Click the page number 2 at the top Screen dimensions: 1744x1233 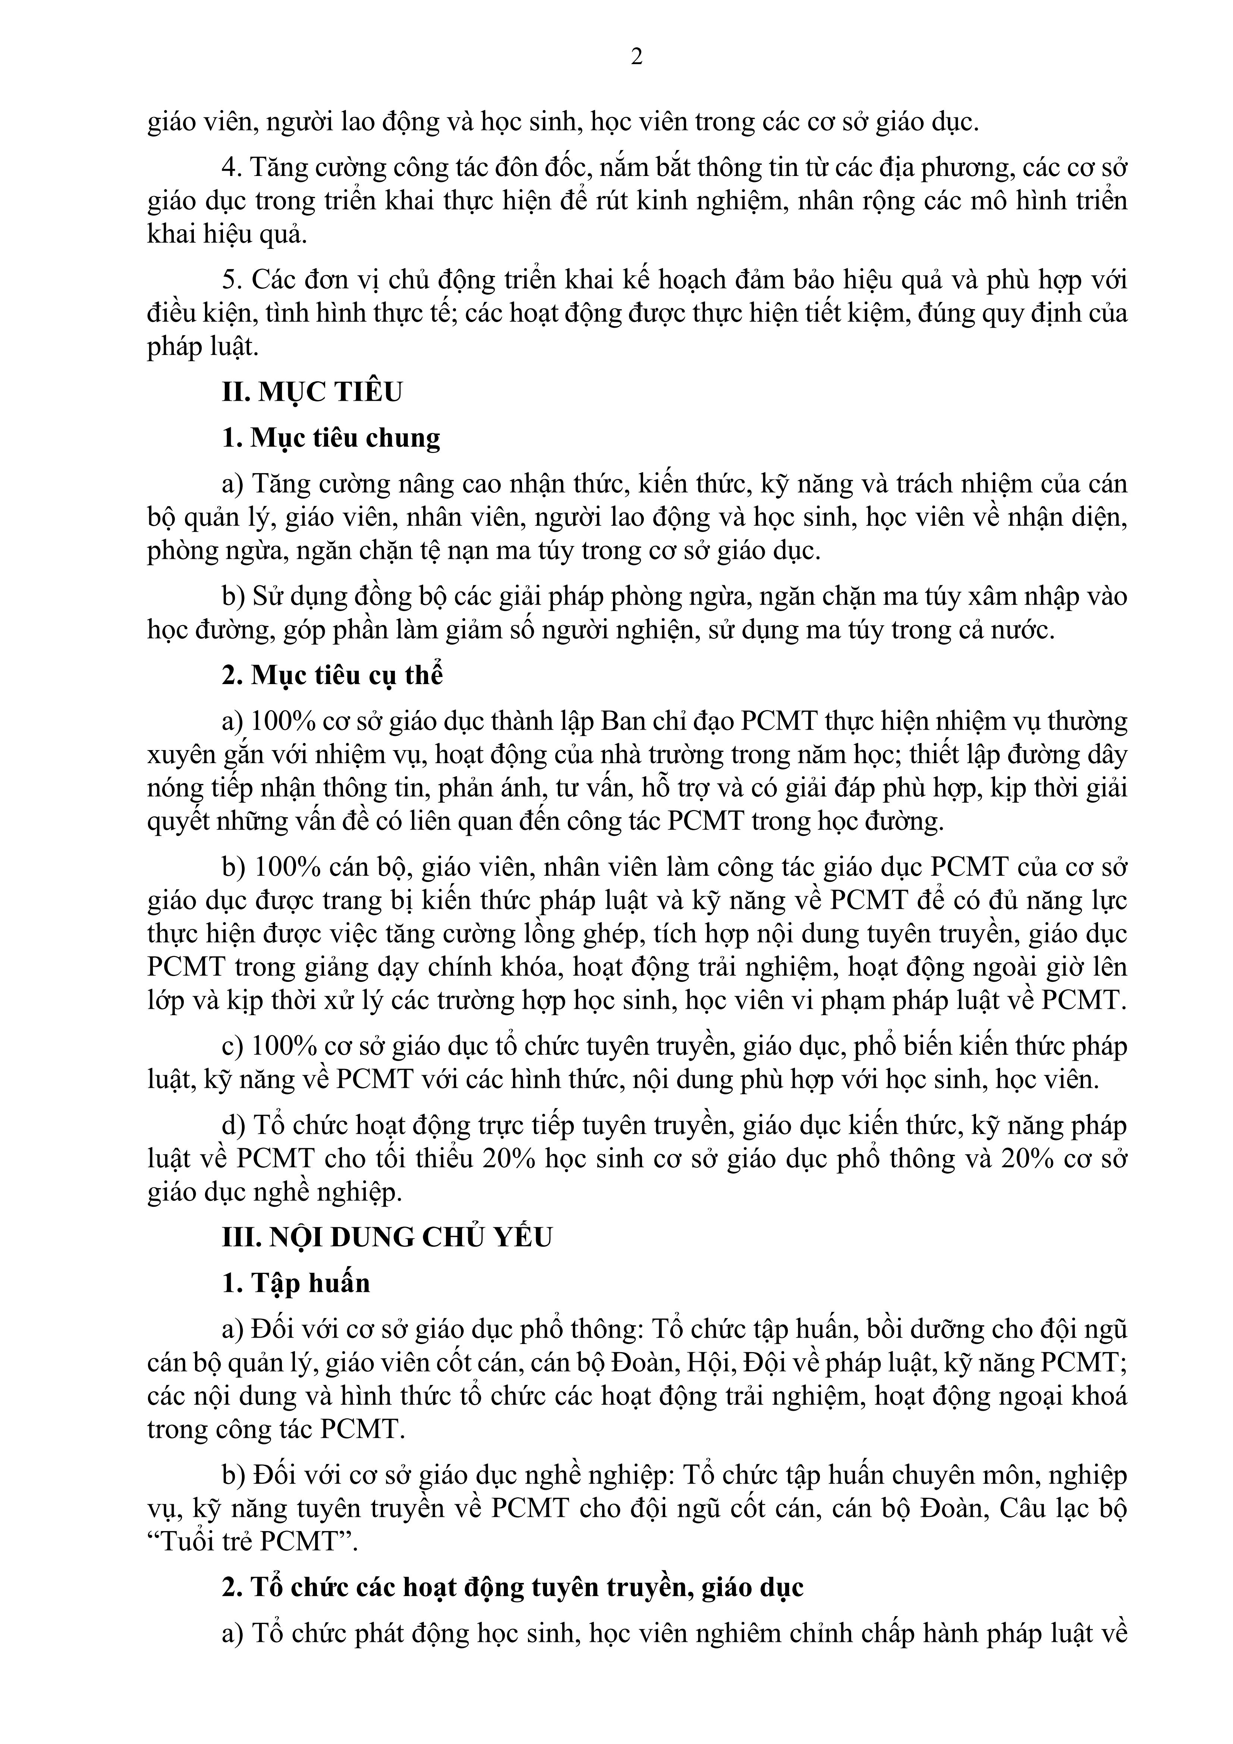coord(636,57)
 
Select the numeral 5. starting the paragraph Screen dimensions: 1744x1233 coord(231,280)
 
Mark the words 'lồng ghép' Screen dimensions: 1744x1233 coord(590,934)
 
